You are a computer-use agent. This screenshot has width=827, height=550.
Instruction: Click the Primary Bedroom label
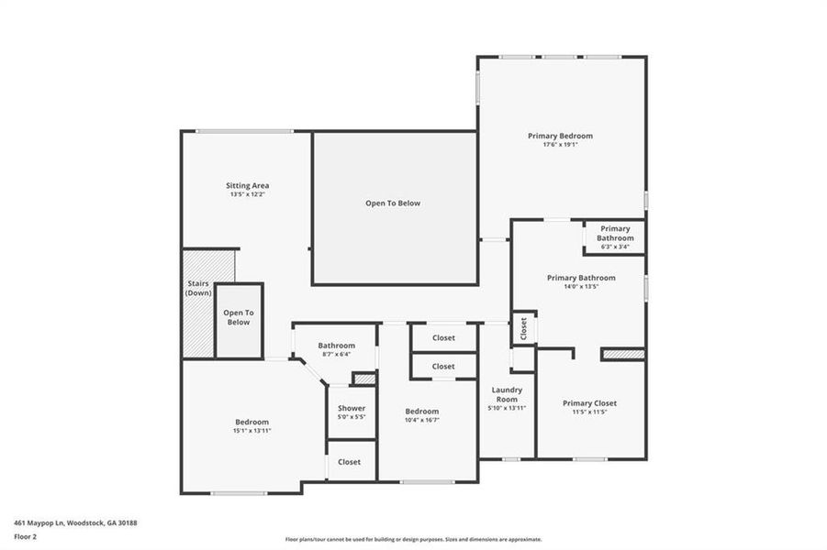[560, 136]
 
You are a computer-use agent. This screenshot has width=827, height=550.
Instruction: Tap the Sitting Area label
[248, 185]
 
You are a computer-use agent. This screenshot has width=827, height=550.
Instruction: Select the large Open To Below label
[393, 203]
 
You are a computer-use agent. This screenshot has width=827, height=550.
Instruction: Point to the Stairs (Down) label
[199, 288]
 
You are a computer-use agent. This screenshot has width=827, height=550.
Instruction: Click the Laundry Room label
[507, 394]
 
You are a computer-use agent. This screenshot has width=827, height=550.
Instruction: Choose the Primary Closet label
[589, 403]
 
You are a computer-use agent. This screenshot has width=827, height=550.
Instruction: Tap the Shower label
[352, 408]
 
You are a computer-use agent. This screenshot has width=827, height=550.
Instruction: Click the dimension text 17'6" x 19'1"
[560, 145]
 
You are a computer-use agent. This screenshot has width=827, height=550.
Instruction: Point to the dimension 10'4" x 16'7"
[422, 420]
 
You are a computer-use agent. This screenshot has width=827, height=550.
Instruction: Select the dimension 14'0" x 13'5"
[581, 286]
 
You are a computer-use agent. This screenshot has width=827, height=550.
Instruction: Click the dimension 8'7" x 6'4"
[337, 355]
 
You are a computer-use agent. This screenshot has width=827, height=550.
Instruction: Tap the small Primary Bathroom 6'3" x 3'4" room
[615, 236]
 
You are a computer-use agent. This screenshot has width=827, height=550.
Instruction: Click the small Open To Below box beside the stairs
[239, 318]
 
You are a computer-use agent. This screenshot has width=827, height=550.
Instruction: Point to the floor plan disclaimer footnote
[413, 540]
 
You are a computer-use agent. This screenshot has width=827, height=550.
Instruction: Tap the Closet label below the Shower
[350, 462]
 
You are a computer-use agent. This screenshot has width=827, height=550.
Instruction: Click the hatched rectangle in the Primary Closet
[623, 354]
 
